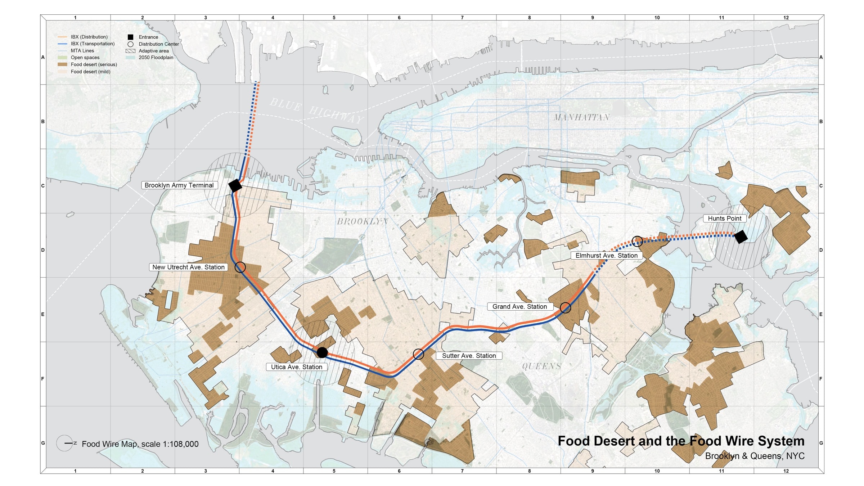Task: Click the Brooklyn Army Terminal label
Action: point(179,185)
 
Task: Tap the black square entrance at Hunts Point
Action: point(741,237)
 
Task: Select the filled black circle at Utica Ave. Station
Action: point(322,352)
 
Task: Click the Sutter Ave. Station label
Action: point(469,356)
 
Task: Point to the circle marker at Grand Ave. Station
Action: point(565,307)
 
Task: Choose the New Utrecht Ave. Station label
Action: point(188,267)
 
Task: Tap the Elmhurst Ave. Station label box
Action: point(606,256)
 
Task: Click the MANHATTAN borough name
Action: point(581,117)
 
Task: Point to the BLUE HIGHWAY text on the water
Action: point(317,111)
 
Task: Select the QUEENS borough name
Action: point(541,366)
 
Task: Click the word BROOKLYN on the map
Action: point(363,221)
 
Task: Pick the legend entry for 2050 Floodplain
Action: point(156,58)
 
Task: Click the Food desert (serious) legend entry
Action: point(94,64)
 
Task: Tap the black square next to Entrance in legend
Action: point(130,37)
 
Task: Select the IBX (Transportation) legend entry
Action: point(93,44)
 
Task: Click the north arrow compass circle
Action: point(65,443)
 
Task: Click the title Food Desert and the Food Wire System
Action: point(681,441)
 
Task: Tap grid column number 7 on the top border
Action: point(462,18)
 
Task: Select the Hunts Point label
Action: point(724,219)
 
